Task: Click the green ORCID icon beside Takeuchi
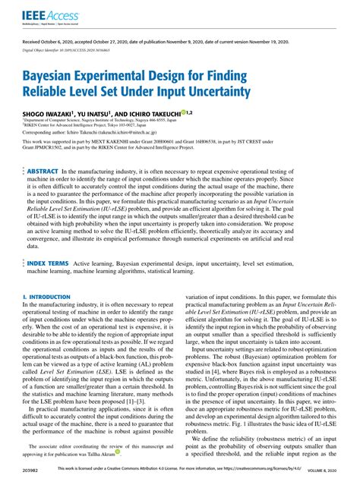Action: coord(204,111)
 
